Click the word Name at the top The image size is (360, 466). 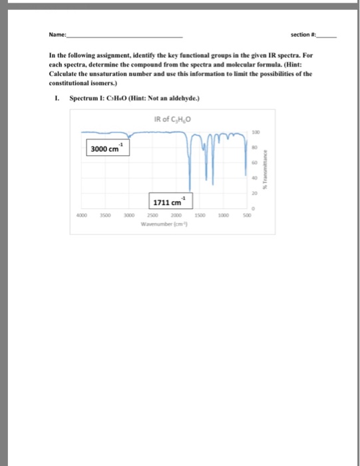[x=57, y=35]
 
